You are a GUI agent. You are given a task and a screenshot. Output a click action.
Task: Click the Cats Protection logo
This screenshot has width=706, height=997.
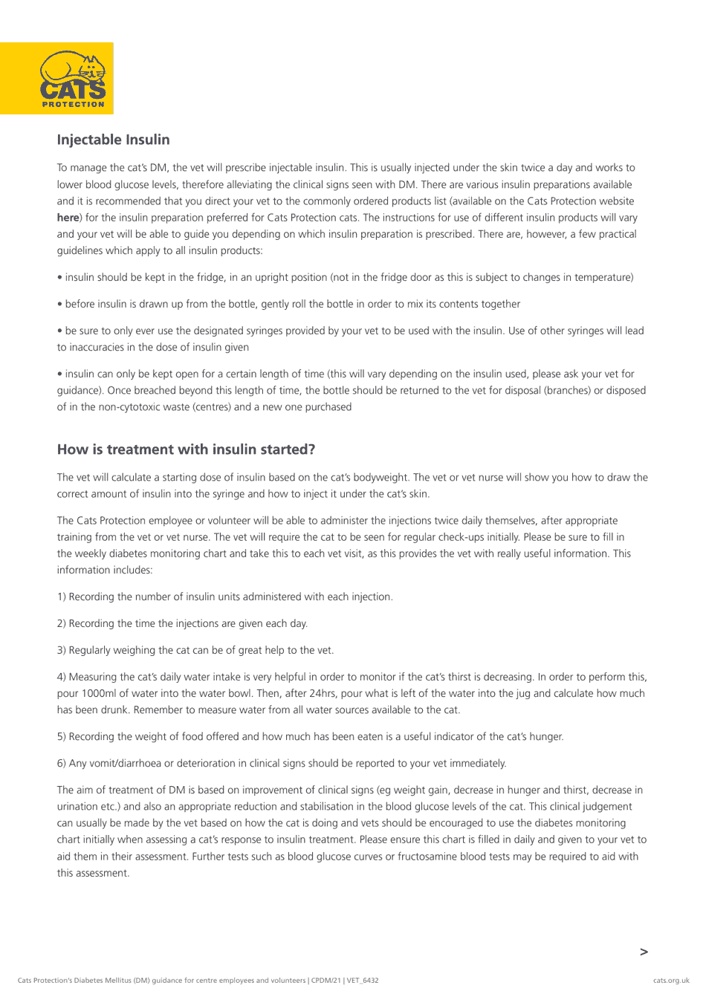tap(57, 79)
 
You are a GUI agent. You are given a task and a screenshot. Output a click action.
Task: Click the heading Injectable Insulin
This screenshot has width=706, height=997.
tap(113, 140)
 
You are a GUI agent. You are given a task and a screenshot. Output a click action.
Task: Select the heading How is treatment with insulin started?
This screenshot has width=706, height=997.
tap(186, 449)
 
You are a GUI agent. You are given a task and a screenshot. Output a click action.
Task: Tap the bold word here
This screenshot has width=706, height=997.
tap(68, 218)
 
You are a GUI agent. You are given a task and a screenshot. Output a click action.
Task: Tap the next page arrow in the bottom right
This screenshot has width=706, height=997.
tap(644, 952)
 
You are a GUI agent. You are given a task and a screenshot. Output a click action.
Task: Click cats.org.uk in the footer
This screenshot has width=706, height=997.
tap(671, 981)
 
